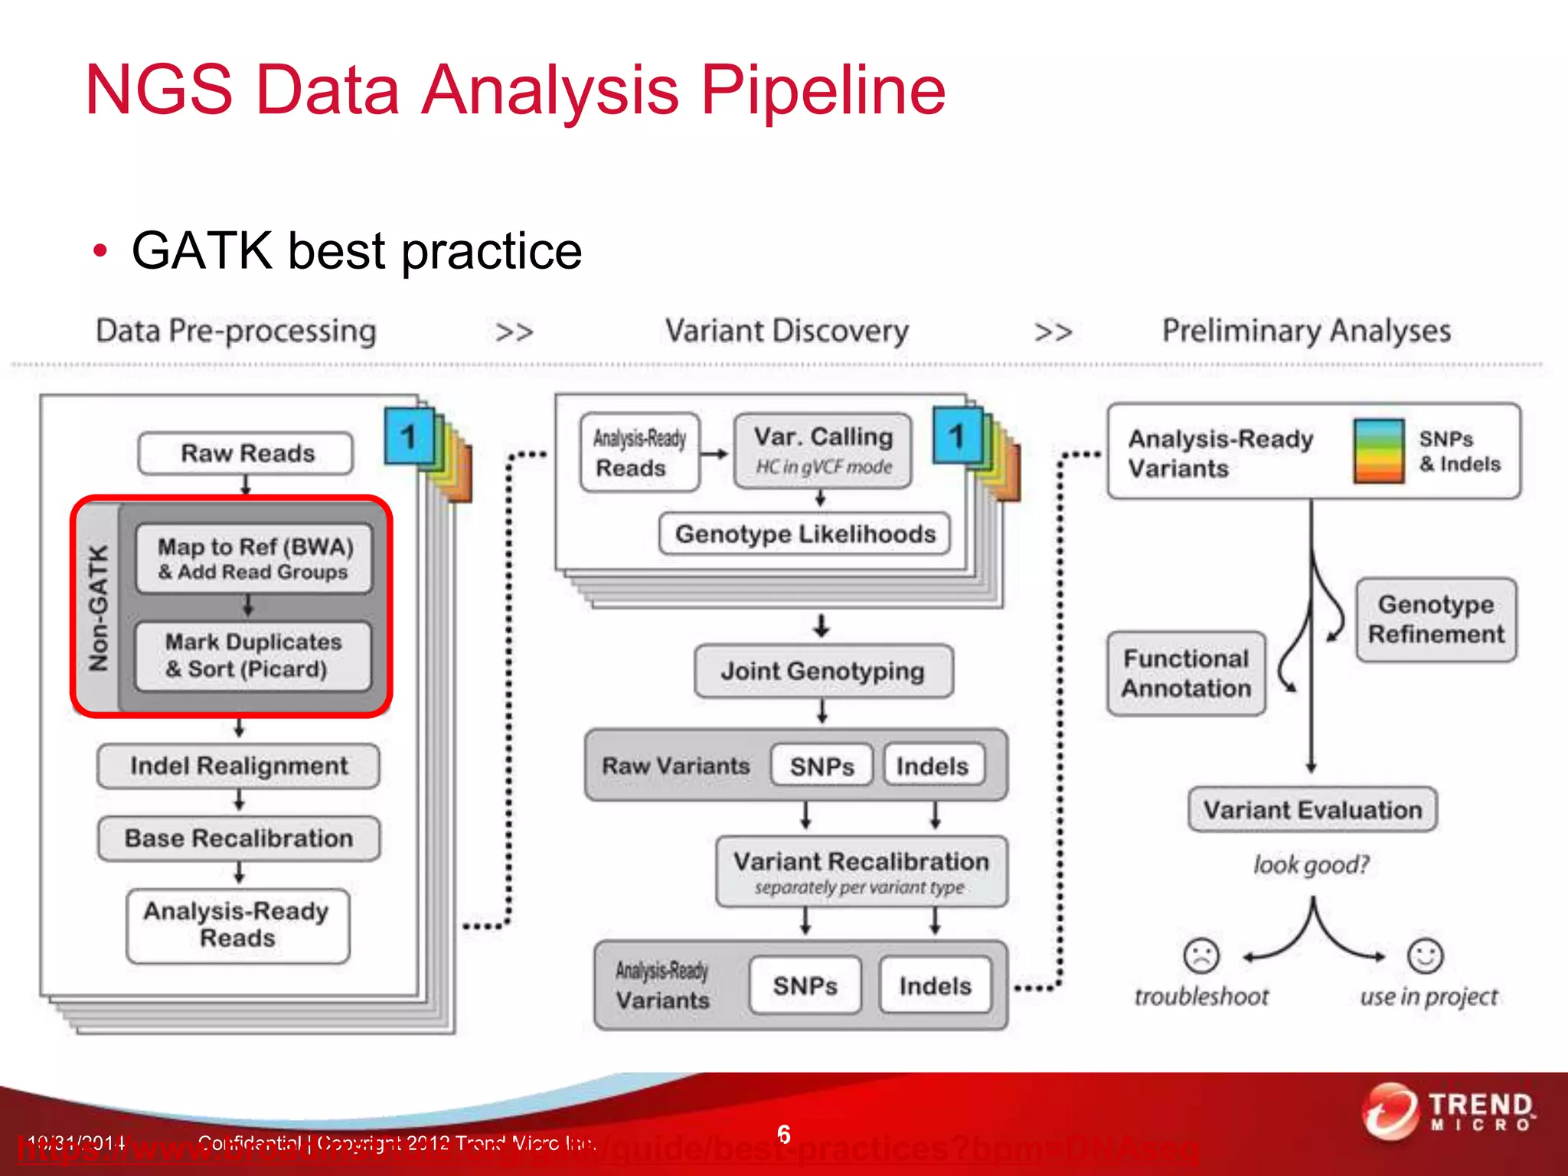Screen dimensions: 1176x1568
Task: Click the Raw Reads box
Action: [246, 453]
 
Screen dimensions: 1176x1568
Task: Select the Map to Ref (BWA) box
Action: [254, 559]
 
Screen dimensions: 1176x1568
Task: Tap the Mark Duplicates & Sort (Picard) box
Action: [253, 655]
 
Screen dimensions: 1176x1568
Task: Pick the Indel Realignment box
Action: [238, 766]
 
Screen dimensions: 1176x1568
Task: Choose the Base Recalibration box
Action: [238, 838]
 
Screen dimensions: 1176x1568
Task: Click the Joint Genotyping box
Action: [823, 671]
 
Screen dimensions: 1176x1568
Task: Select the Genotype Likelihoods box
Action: [805, 534]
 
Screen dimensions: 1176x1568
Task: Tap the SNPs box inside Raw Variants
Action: [822, 766]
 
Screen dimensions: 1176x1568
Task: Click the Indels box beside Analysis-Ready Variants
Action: [935, 985]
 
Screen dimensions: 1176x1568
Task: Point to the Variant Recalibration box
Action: [861, 871]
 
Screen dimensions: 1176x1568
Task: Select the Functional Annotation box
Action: [1186, 674]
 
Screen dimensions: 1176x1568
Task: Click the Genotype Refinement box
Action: [1436, 619]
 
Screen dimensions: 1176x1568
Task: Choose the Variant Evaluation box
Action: [1312, 810]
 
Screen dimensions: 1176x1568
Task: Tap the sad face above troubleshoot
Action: [1201, 955]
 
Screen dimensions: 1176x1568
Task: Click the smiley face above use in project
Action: [1425, 955]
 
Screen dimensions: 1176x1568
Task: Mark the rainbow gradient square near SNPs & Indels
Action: [1378, 451]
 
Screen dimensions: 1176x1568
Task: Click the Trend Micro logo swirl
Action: [1390, 1112]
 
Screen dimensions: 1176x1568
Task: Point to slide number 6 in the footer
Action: [783, 1134]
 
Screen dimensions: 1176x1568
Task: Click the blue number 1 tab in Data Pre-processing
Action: [409, 436]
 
